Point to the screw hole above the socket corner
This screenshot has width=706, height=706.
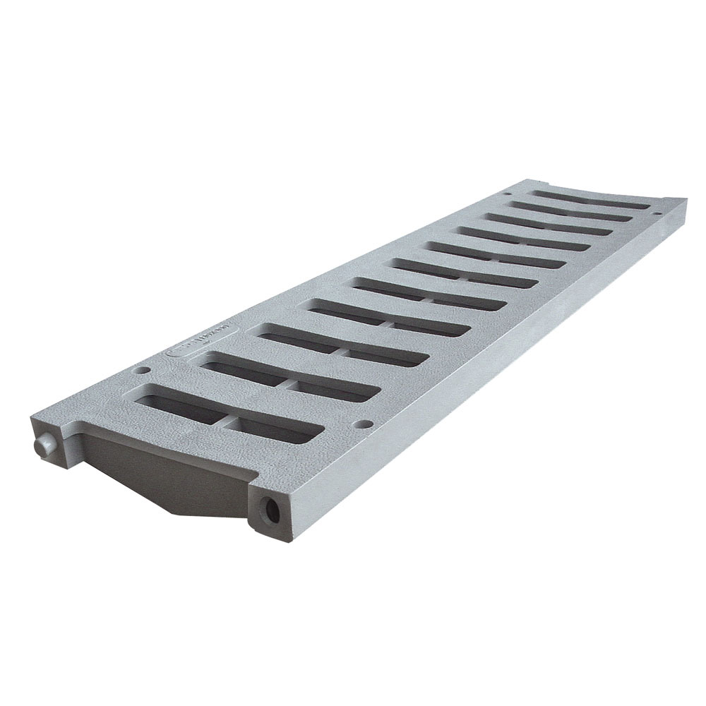click(364, 425)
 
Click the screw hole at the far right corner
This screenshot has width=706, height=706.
click(656, 213)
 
